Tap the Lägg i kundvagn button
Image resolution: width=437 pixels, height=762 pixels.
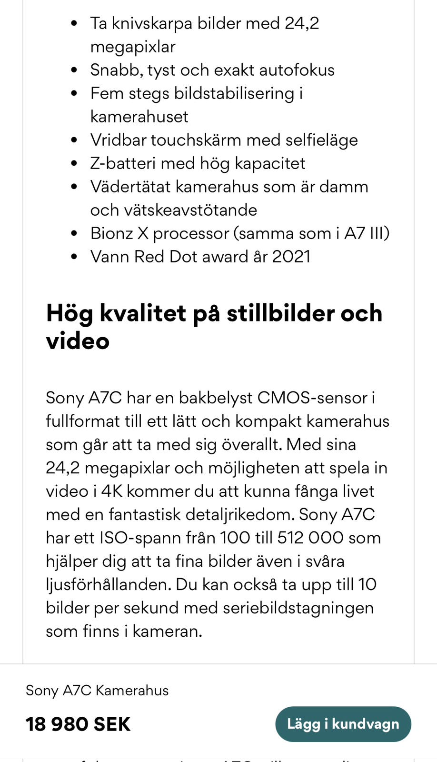[x=343, y=724]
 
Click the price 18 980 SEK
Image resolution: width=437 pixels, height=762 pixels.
[x=78, y=724]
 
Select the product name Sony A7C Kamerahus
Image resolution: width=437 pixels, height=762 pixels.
[x=97, y=690]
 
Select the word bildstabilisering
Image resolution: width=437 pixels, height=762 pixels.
[x=234, y=93]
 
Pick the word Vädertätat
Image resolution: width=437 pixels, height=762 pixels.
[x=130, y=186]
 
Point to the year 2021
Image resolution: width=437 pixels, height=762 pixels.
[x=291, y=256]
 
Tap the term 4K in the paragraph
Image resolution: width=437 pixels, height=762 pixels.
[x=111, y=491]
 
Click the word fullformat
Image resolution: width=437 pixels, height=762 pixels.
[x=82, y=421]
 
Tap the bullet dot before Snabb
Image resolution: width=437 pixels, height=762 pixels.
[x=74, y=70]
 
